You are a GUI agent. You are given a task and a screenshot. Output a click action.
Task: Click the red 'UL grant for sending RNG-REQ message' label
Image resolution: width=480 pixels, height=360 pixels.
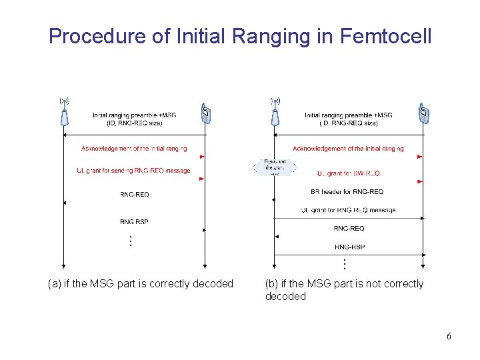pyautogui.click(x=133, y=171)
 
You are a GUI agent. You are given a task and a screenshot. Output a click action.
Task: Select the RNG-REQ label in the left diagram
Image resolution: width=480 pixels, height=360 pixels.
pyautogui.click(x=134, y=195)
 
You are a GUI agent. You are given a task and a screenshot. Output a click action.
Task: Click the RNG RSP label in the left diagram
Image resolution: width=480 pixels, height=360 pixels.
pyautogui.click(x=134, y=221)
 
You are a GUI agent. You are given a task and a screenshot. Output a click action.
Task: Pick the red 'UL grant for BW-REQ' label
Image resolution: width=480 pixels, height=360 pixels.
pyautogui.click(x=348, y=173)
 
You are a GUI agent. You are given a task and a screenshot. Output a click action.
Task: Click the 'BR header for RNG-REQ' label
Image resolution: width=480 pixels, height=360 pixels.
pyautogui.click(x=347, y=192)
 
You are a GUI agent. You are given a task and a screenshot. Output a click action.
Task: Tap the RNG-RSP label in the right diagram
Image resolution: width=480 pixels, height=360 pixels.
pyautogui.click(x=349, y=247)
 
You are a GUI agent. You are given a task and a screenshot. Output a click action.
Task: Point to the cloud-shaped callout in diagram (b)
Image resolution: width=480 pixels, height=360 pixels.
pyautogui.click(x=274, y=166)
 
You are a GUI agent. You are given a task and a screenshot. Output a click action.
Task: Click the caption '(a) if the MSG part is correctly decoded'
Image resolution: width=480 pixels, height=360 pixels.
pyautogui.click(x=141, y=284)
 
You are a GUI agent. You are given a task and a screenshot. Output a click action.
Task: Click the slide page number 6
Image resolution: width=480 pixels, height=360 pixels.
pyautogui.click(x=449, y=336)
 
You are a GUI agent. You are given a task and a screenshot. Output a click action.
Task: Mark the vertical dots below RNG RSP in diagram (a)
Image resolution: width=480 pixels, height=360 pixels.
pyautogui.click(x=131, y=241)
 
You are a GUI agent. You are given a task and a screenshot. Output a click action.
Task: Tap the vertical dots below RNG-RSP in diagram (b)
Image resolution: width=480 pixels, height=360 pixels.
pyautogui.click(x=344, y=264)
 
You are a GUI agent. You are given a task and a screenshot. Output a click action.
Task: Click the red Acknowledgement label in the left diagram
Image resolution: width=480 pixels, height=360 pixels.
pyautogui.click(x=133, y=148)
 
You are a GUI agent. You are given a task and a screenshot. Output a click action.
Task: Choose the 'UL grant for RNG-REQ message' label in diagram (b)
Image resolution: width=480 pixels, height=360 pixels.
pyautogui.click(x=348, y=210)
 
